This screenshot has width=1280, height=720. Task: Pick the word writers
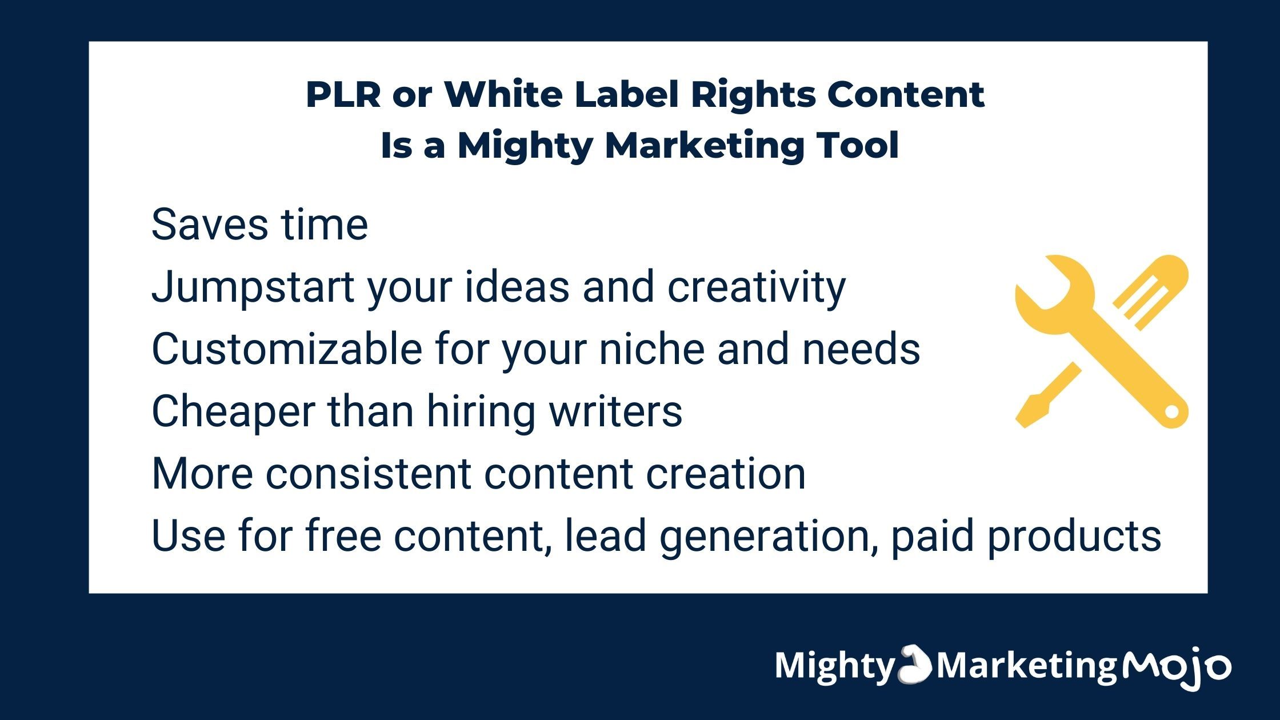615,411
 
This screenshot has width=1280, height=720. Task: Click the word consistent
368,474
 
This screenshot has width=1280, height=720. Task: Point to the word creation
726,474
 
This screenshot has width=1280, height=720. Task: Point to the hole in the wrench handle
1171,411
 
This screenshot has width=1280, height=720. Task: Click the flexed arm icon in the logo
915,664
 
